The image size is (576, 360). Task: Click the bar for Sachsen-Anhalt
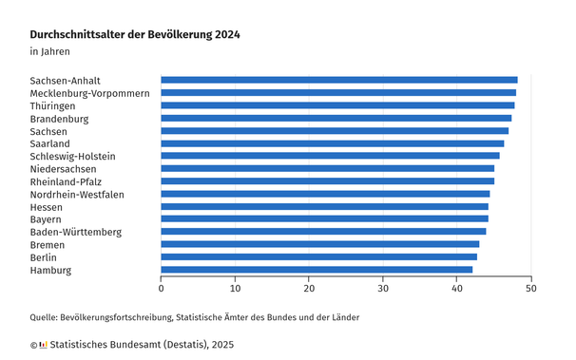pos(338,80)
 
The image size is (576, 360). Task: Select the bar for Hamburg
pos(317,270)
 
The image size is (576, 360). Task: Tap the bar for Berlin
pos(318,256)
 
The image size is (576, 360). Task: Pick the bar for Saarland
pos(332,143)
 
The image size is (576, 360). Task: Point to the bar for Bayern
pos(324,218)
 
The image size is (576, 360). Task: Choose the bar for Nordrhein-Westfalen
pos(325,194)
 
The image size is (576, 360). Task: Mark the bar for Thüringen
pos(337,105)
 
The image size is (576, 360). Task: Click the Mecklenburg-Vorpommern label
pos(89,93)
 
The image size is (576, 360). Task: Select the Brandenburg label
pos(59,119)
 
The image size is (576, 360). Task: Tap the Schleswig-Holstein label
pos(72,156)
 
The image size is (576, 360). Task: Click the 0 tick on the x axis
pos(162,288)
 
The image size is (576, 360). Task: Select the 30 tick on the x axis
pos(383,288)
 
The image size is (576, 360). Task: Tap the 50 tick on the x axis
pos(531,288)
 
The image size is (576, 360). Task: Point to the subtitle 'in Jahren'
pos(49,51)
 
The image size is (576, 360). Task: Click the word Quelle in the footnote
pos(44,316)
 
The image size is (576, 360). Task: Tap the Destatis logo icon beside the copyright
pos(43,345)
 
